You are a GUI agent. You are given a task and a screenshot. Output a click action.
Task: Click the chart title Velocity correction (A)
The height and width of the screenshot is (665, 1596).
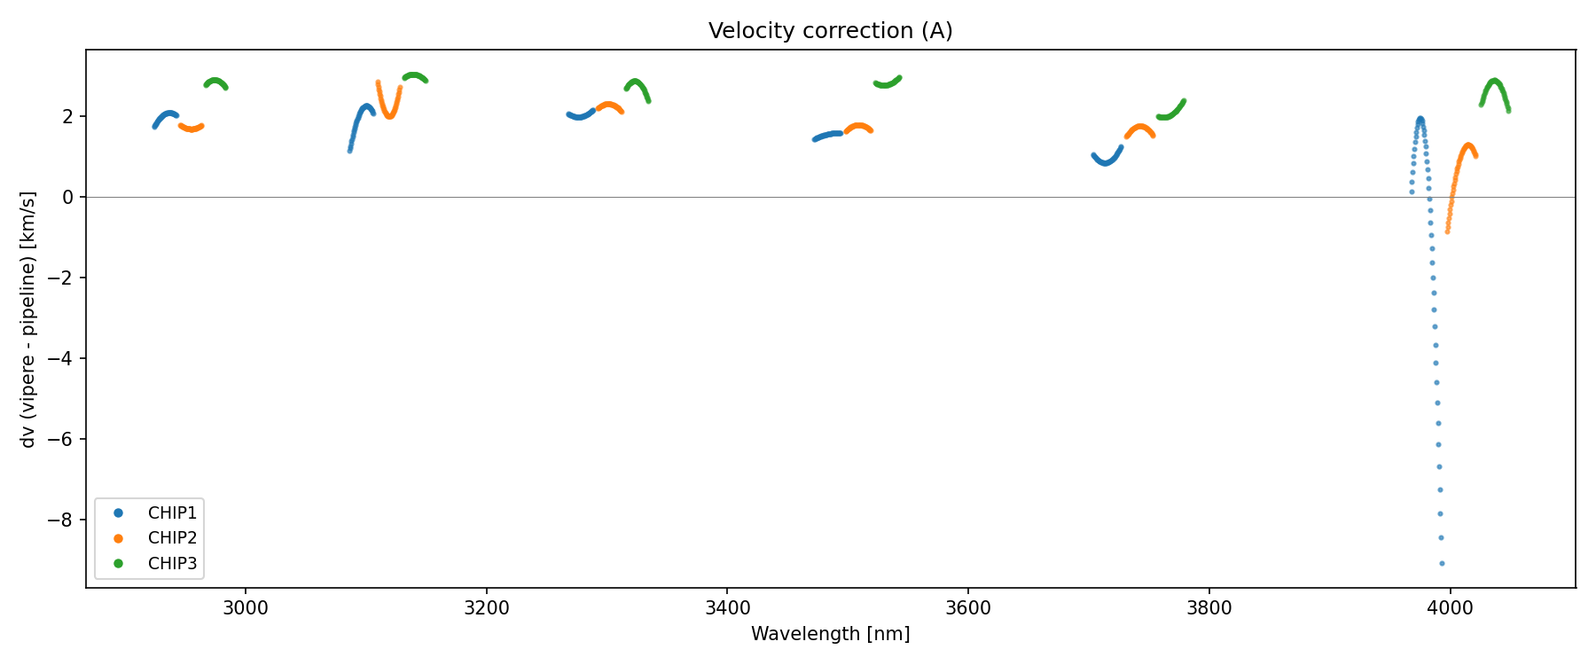(830, 31)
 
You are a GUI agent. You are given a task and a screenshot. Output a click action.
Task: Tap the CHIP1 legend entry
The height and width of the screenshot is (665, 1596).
(172, 513)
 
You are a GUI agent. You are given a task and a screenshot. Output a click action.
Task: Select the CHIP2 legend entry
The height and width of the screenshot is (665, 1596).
(172, 538)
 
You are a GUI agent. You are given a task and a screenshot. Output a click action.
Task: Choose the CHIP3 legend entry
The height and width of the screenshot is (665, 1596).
(172, 563)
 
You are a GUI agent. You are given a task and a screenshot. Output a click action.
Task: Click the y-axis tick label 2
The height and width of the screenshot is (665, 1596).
(68, 116)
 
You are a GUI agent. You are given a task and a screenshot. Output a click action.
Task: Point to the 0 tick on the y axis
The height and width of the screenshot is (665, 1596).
(68, 197)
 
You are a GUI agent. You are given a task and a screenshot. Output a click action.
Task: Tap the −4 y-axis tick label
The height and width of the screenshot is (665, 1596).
(62, 358)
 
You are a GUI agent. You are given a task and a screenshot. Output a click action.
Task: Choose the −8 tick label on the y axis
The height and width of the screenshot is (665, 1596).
(62, 520)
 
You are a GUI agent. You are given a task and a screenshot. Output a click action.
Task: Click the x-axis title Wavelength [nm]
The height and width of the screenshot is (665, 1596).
(830, 634)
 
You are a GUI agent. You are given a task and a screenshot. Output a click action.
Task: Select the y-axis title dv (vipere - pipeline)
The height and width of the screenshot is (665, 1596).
(28, 319)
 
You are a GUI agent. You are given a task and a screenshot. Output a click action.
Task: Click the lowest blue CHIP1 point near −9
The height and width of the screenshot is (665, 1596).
(1442, 563)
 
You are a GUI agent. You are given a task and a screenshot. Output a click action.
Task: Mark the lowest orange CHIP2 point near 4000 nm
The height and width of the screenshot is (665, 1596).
(1448, 231)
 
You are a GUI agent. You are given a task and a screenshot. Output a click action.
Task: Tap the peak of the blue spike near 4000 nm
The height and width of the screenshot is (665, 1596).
(1420, 119)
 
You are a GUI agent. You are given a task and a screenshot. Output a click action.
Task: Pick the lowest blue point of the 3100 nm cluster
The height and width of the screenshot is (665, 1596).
(350, 150)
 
